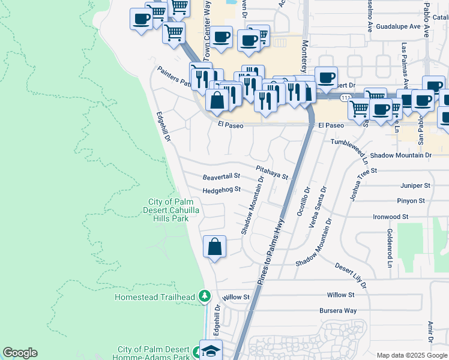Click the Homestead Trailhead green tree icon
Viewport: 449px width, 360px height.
coord(205,296)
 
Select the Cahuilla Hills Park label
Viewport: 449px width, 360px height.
coord(176,211)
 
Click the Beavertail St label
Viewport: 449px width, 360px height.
coord(221,177)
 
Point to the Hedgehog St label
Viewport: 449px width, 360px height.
coord(221,190)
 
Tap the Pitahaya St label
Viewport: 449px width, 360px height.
coord(272,173)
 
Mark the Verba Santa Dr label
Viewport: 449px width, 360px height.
coord(317,208)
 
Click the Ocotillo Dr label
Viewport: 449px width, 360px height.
coord(304,201)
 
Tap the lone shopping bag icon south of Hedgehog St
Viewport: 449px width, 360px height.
coord(214,247)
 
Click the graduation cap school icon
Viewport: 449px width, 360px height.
coord(211,350)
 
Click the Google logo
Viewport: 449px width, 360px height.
coord(20,353)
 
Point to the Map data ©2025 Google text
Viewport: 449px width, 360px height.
coord(411,355)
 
